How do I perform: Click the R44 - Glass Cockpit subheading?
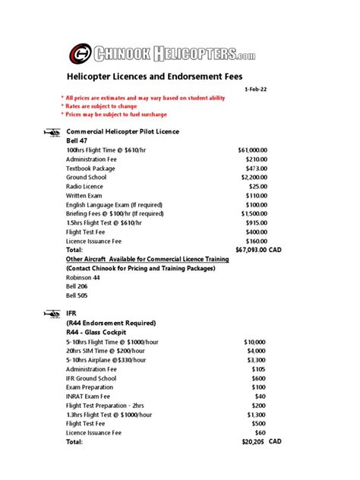(x=95, y=332)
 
